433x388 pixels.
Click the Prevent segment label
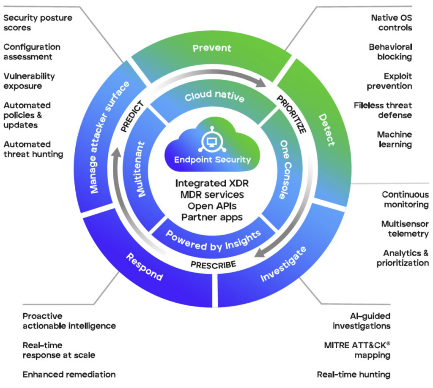212,48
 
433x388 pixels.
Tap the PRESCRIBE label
213,265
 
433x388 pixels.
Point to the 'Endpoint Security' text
213,160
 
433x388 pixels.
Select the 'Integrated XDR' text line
213,184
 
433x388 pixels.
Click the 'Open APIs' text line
213,206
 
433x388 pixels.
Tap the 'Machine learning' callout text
394,139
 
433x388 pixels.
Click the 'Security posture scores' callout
38,23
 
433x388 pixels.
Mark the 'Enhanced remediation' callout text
69,374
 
